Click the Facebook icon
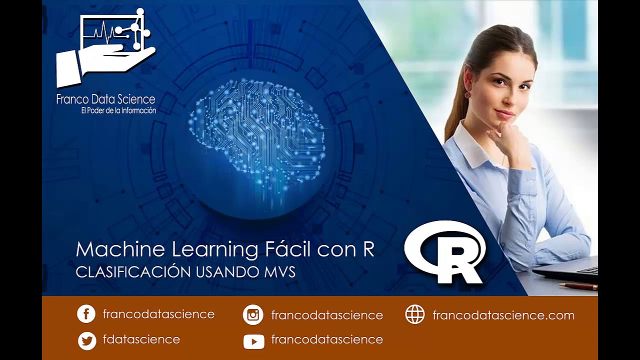tap(86, 314)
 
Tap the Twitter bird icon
tap(87, 340)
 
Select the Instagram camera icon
tap(253, 315)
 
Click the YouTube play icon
tap(253, 341)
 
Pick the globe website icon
tap(414, 315)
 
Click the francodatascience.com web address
tap(503, 315)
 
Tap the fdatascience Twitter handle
tap(141, 339)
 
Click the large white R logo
tap(445, 252)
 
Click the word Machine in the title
tap(120, 249)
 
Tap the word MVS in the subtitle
tap(279, 272)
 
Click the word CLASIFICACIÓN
tap(133, 272)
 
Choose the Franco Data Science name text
tap(105, 99)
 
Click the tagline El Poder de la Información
tap(118, 110)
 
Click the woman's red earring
tap(468, 94)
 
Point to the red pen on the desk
tap(578, 286)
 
